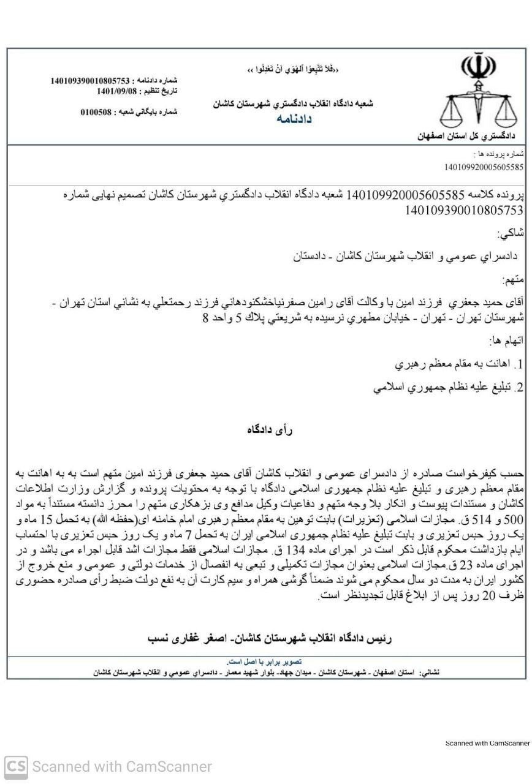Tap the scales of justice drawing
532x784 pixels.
point(479,110)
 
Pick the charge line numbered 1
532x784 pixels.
point(459,364)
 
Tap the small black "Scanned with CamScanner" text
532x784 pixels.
point(487,743)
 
